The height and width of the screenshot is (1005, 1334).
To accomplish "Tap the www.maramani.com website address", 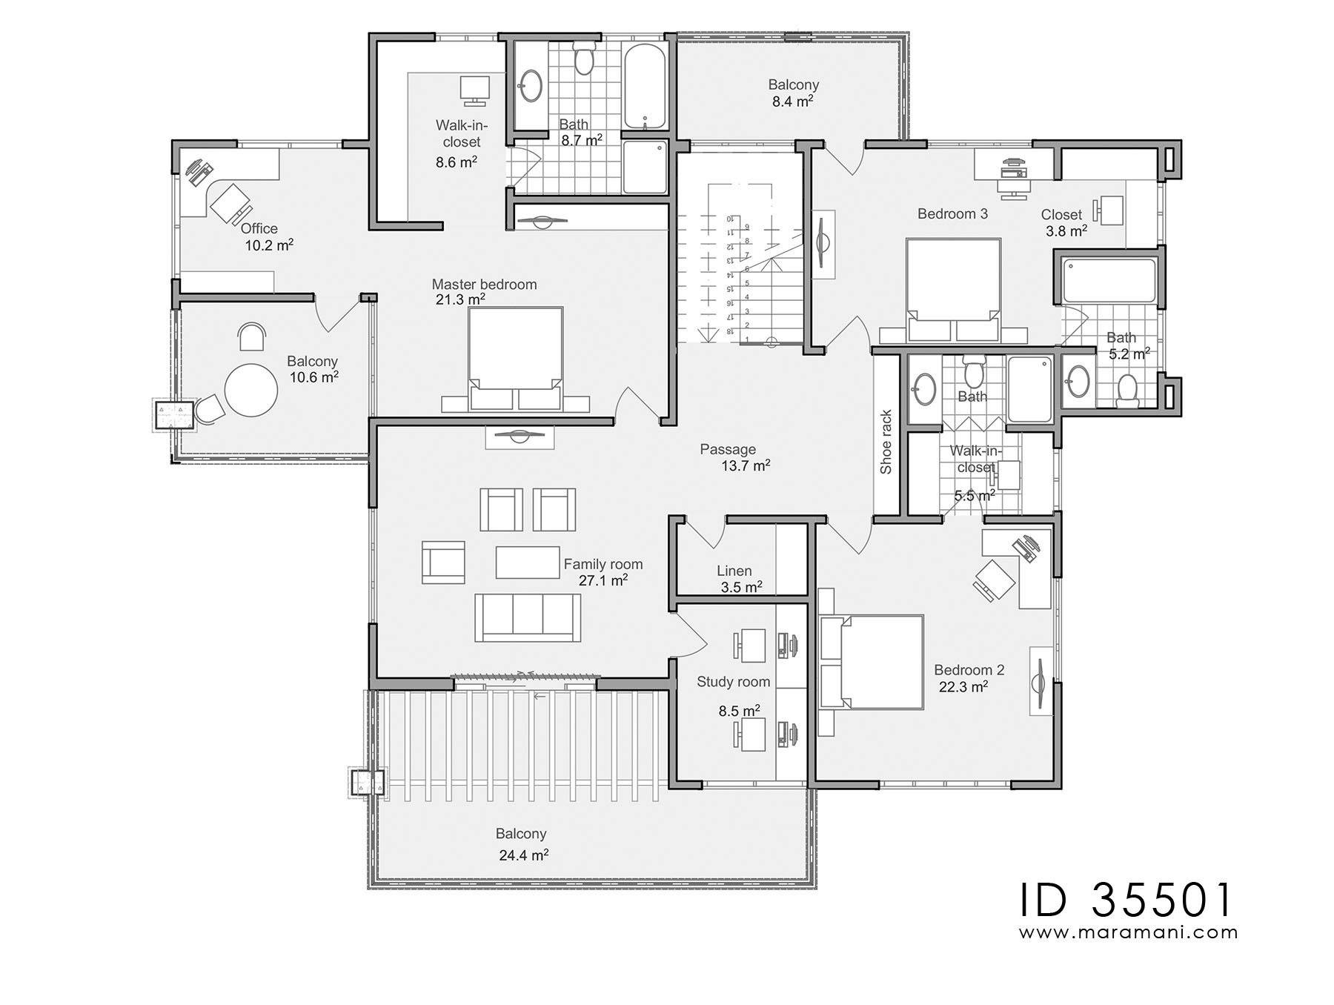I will (1128, 932).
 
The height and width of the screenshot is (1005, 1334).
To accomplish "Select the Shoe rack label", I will (886, 442).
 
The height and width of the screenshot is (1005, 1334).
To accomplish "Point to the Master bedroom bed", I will (515, 356).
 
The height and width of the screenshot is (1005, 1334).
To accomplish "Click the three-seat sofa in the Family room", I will (528, 617).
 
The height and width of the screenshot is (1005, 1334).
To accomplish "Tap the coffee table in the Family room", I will (527, 562).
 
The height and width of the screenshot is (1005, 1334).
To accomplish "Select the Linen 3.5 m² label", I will (737, 579).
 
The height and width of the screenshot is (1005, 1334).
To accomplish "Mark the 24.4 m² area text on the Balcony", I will (523, 855).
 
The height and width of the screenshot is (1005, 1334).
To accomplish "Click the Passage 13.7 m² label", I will (734, 457).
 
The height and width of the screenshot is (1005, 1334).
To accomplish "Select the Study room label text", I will (733, 681).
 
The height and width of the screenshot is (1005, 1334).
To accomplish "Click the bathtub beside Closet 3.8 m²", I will (1108, 280).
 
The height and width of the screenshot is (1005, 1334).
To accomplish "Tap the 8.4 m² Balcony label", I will (793, 93).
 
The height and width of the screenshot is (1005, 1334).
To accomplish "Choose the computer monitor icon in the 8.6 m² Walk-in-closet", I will (474, 90).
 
